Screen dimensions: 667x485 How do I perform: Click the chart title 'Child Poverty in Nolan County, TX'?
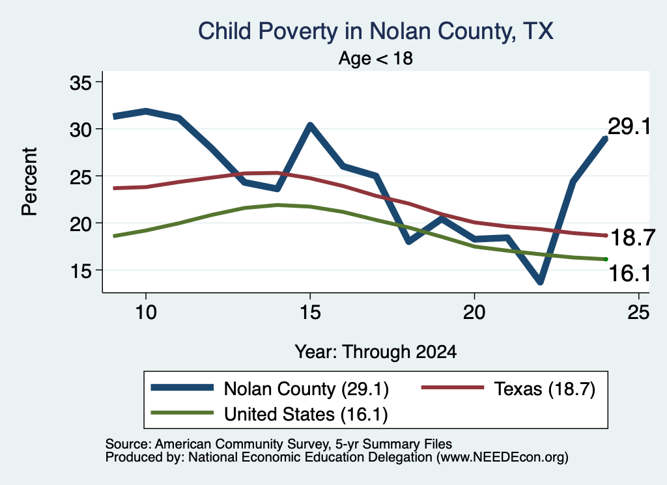376,31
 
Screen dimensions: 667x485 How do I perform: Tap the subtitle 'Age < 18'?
376,58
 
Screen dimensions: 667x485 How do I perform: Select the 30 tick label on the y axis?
80,129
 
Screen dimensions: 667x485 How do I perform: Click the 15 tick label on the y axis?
80,270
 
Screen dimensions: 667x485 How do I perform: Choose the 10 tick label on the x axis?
146,312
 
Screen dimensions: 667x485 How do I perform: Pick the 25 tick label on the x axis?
638,312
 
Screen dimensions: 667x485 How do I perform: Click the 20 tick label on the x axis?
474,312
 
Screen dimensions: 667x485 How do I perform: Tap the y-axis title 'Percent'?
30,182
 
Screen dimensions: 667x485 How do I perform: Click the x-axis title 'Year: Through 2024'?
376,352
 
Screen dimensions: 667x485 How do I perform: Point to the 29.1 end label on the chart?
629,126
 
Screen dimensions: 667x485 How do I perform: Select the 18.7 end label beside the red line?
632,237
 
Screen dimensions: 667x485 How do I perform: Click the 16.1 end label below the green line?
630,273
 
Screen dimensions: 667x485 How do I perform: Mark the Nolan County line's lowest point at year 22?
540,281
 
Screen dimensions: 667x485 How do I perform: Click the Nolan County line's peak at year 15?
310,125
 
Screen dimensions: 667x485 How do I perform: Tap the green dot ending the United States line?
606,259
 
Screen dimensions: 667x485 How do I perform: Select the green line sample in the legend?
182,413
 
